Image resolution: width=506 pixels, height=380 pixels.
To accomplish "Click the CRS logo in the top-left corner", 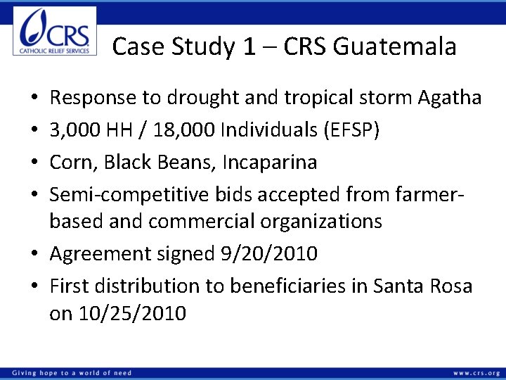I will [55, 32].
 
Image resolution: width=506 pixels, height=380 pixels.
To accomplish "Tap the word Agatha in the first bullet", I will [450, 97].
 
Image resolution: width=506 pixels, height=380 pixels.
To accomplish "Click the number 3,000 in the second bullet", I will [74, 129].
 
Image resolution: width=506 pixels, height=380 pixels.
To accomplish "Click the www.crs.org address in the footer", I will [476, 372].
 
